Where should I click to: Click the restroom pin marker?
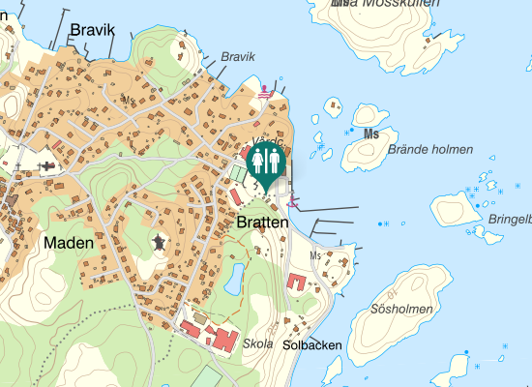[x=265, y=162]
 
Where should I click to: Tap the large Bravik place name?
[x=92, y=31]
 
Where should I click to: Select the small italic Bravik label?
[x=237, y=57]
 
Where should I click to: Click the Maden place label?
[x=69, y=243]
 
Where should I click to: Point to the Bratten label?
[x=262, y=223]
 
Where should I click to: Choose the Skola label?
[x=258, y=343]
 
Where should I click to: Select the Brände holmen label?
[x=429, y=149]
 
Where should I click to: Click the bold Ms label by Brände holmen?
[x=370, y=134]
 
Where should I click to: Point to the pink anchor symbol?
[x=292, y=201]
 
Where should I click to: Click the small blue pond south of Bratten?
[x=234, y=281]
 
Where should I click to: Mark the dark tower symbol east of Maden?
[x=159, y=242]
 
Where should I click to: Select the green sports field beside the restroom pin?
[x=238, y=173]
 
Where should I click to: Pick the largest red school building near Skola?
[x=223, y=340]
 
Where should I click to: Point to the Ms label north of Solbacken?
[x=314, y=255]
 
